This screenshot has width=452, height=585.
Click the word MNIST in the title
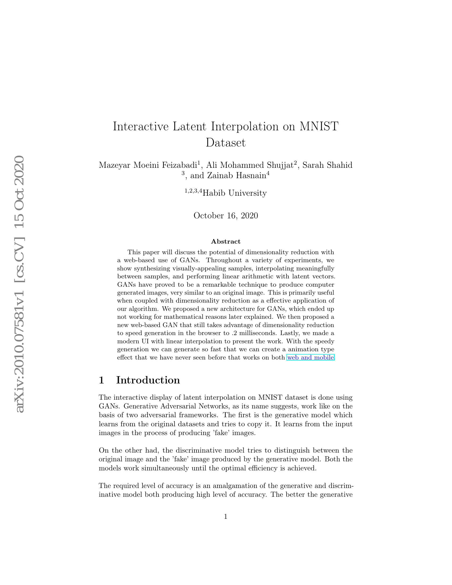tap(319, 126)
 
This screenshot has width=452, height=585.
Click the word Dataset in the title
tap(225, 142)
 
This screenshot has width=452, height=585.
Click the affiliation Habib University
tap(234, 193)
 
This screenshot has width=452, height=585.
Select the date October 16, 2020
tap(225, 216)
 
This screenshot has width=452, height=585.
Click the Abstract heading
tap(225, 242)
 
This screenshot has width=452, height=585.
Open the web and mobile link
tap(310, 357)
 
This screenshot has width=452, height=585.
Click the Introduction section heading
tap(148, 380)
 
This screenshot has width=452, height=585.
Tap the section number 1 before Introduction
tap(102, 380)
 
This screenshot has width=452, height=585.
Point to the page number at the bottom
tap(225, 516)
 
